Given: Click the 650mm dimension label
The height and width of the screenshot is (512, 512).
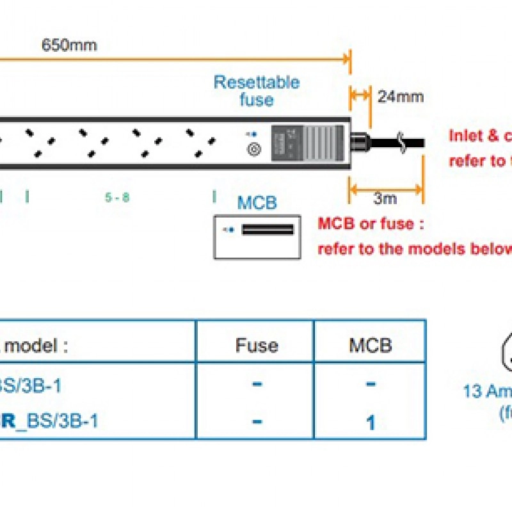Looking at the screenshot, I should click(69, 46).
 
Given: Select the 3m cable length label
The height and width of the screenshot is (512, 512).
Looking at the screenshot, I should click(385, 198).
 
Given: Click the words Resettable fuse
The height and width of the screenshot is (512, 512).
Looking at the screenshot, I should click(257, 91).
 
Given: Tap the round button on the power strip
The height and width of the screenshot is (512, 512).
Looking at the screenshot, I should click(254, 150).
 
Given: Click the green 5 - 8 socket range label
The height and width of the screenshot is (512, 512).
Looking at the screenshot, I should click(117, 198).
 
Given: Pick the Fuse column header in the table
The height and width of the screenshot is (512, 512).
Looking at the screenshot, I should click(257, 346).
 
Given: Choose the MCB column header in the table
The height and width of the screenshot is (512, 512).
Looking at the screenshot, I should click(370, 346).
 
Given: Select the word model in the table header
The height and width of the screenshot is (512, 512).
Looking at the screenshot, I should click(40, 346).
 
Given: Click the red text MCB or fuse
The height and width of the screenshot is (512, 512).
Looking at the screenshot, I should click(372, 225).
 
